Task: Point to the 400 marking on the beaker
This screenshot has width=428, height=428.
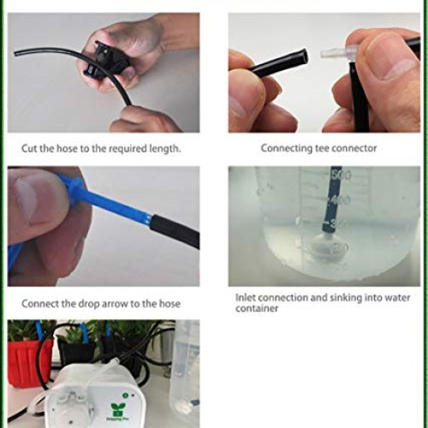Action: coord(342,199)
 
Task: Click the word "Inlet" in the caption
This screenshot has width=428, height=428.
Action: coord(248,297)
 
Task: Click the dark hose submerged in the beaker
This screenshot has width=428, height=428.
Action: coord(328,205)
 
